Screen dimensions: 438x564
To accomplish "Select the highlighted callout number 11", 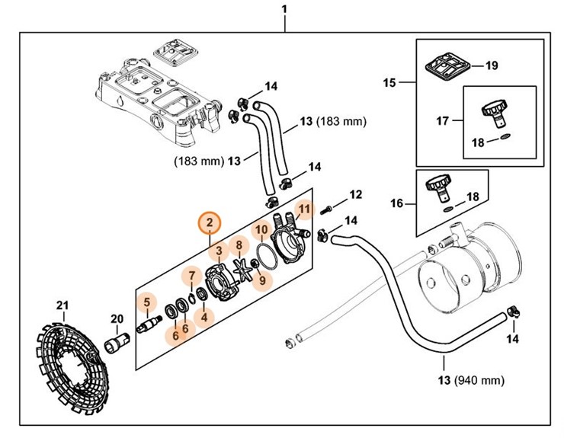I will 305,209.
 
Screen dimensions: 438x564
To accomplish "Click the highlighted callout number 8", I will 239,245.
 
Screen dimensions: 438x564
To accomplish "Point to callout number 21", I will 62,306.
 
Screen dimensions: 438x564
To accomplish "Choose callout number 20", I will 117,319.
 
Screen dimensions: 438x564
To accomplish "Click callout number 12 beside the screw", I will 356,195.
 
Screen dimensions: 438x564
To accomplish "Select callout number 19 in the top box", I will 492,66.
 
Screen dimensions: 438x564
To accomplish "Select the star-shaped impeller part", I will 244,271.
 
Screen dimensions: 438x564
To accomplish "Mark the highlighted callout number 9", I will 262,280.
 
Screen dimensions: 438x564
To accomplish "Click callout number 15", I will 389,82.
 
